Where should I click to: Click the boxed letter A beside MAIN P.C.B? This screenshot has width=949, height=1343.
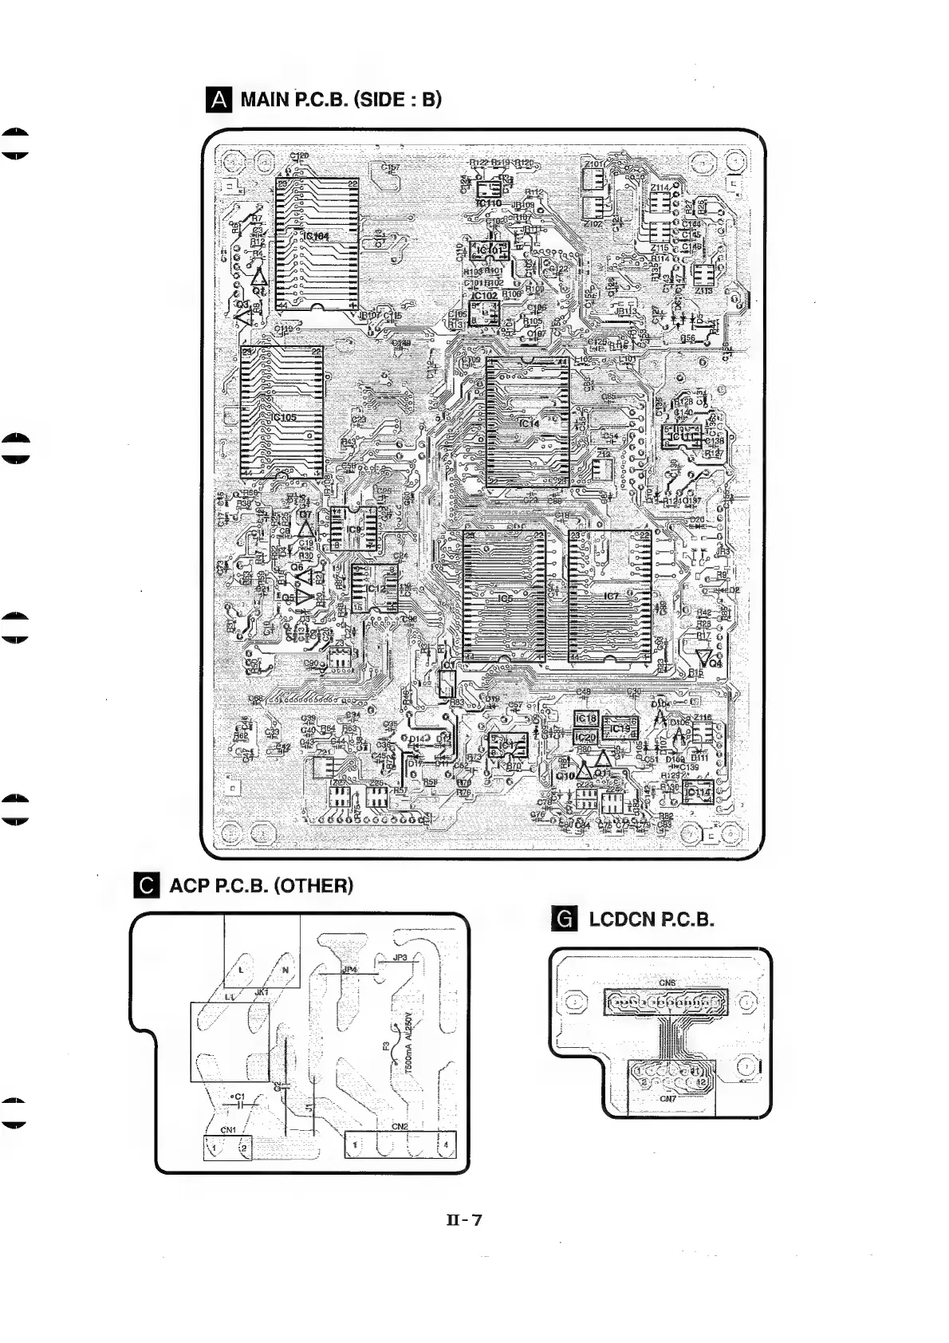218,100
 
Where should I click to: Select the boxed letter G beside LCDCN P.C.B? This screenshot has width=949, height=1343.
564,920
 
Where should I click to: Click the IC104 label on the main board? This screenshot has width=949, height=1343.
316,236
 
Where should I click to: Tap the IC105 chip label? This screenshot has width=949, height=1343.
284,417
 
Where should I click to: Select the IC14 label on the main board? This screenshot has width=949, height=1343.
530,423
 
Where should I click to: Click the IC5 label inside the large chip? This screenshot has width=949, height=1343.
504,598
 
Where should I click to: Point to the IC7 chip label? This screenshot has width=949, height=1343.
612,596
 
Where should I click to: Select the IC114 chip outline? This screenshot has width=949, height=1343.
698,792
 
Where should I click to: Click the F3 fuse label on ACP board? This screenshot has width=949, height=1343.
386,1046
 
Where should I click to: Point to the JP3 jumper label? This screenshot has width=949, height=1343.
400,957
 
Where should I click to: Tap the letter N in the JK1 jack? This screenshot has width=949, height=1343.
285,970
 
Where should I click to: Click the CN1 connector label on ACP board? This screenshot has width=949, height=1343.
228,1129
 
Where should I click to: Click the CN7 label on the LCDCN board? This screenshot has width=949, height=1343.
668,1098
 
